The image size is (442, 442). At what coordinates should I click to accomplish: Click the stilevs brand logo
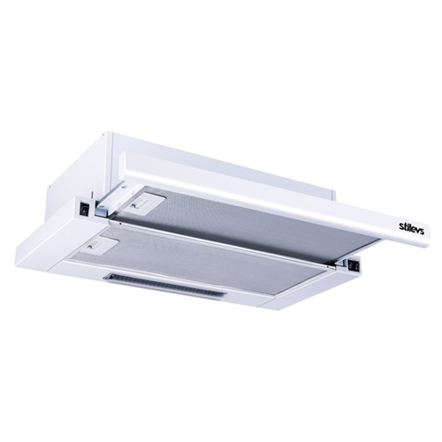412,227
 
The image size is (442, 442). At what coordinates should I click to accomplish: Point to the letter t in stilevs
405,225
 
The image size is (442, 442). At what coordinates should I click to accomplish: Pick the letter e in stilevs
414,227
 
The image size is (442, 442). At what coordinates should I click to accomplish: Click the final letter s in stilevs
423,230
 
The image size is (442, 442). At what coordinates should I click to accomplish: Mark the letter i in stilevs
408,225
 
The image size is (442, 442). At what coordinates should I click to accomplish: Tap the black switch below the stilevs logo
354,264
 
